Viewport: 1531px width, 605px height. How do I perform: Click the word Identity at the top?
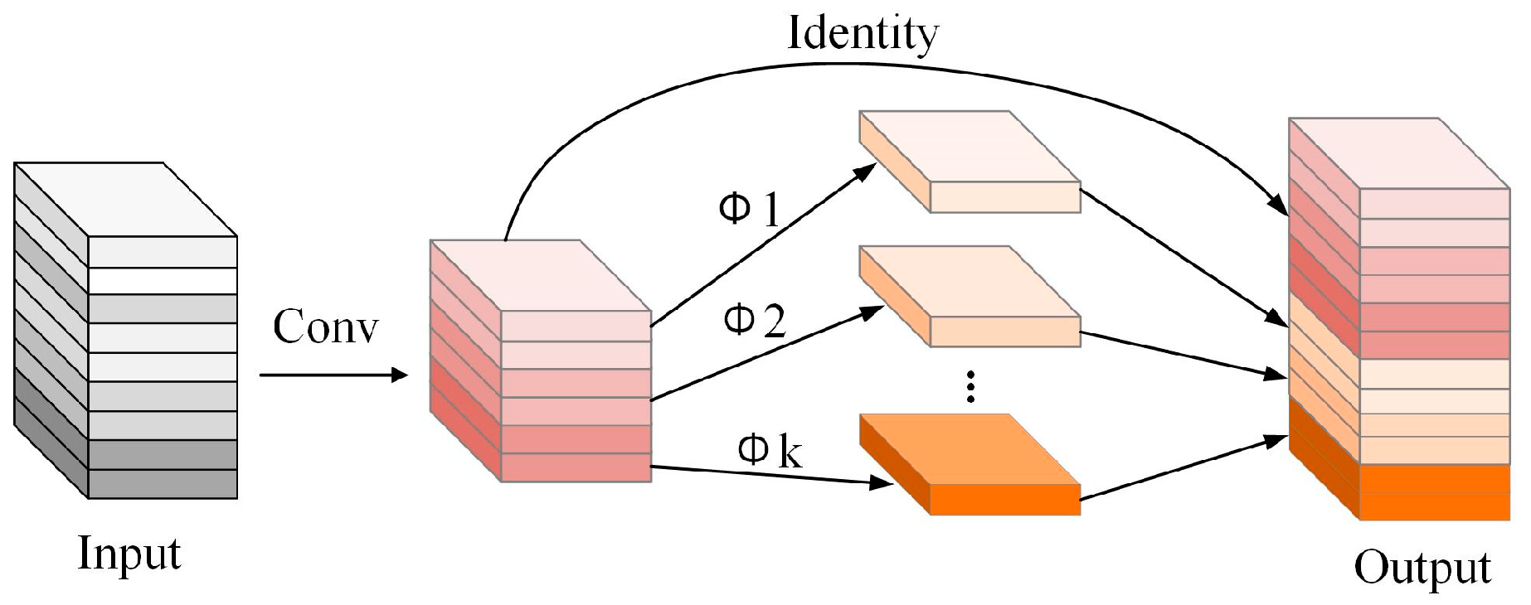pyautogui.click(x=862, y=35)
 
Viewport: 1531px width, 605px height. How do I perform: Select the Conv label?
pyautogui.click(x=325, y=327)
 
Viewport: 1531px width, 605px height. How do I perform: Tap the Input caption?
pyautogui.click(x=129, y=553)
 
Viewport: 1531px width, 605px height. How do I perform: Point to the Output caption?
pyautogui.click(x=1422, y=569)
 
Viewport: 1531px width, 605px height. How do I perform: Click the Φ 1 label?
pyautogui.click(x=748, y=210)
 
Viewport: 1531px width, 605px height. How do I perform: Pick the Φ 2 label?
pyautogui.click(x=753, y=319)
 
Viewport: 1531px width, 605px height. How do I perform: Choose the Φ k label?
pyautogui.click(x=770, y=452)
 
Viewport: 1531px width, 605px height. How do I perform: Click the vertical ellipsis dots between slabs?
pyautogui.click(x=970, y=387)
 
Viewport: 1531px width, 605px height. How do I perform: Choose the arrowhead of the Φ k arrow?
pyautogui.click(x=882, y=483)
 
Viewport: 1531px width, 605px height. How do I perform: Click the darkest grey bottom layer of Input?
pyautogui.click(x=163, y=484)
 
